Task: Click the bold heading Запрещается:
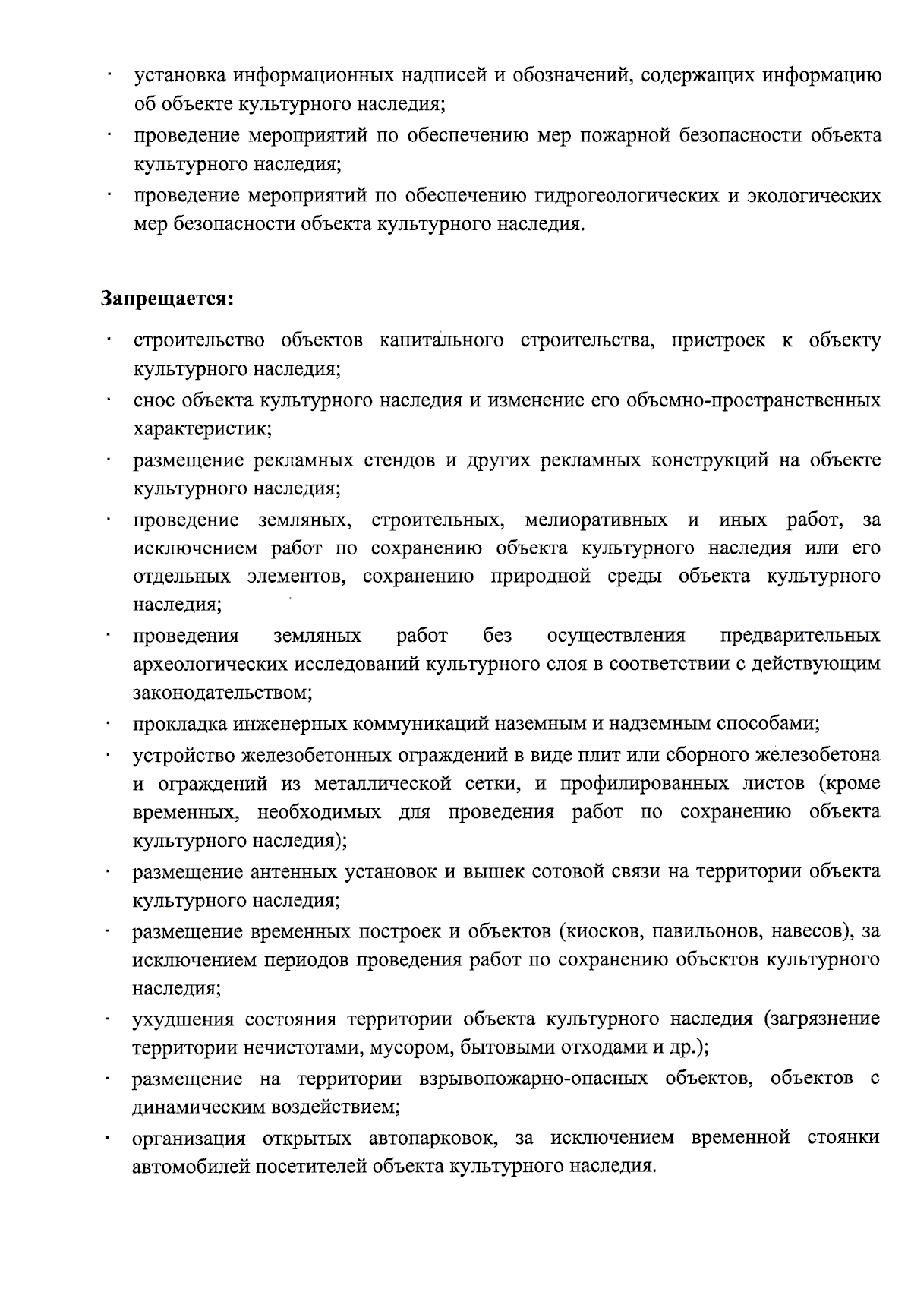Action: pyautogui.click(x=167, y=299)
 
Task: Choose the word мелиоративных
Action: pyautogui.click(x=596, y=520)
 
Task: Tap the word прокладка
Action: pyautogui.click(x=179, y=723)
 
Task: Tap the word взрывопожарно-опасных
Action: pyautogui.click(x=532, y=1079)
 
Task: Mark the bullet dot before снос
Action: pyautogui.click(x=110, y=401)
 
